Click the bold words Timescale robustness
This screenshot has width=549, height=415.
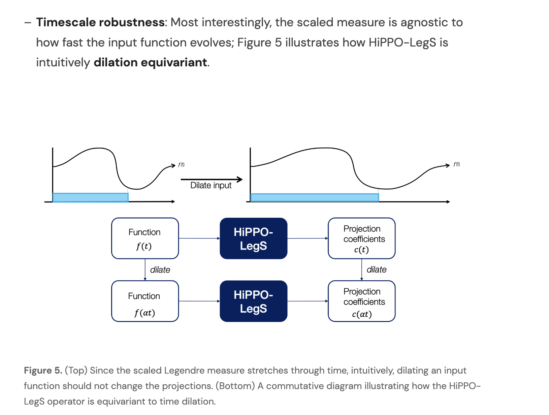click(100, 22)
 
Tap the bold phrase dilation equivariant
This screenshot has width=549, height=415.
click(150, 62)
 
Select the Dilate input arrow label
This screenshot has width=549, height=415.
click(211, 185)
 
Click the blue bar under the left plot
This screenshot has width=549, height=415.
click(90, 197)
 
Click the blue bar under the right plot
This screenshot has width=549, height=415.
click(315, 198)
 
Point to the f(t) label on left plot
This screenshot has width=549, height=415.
click(181, 165)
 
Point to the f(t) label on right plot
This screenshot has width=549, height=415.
click(456, 164)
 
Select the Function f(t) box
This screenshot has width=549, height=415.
click(145, 238)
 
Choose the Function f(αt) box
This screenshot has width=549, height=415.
click(145, 301)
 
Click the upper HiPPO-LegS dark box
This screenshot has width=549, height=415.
click(253, 238)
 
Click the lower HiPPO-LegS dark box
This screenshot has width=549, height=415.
click(253, 301)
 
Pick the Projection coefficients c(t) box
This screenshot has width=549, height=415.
click(361, 238)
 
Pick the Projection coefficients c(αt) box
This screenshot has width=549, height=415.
click(361, 301)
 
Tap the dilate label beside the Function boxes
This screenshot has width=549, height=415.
click(160, 270)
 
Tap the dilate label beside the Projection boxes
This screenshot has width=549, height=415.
click(376, 269)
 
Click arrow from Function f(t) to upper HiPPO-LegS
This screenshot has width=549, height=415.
click(199, 238)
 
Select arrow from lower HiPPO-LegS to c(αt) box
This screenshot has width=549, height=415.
click(307, 301)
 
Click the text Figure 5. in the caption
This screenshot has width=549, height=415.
click(43, 371)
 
